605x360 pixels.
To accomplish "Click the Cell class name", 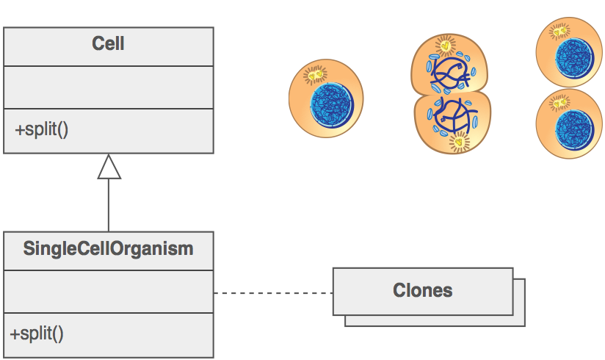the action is (x=108, y=43).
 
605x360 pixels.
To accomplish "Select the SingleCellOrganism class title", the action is (x=108, y=248).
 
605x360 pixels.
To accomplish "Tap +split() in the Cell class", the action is (x=42, y=129).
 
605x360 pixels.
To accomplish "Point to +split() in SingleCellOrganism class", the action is (x=37, y=334).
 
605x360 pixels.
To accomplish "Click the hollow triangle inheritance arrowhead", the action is (x=109, y=167).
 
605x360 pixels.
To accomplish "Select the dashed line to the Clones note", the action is (x=274, y=293).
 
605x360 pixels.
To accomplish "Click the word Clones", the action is (x=422, y=290).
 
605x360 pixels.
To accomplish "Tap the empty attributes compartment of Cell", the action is (x=109, y=87).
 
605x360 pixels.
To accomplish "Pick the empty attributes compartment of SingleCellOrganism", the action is (x=109, y=292).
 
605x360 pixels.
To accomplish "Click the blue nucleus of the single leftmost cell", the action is (x=332, y=105).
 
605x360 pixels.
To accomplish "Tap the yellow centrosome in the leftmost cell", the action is (x=315, y=74).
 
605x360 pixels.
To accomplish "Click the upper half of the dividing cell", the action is (x=449, y=64).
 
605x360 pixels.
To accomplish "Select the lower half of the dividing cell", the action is (x=452, y=123).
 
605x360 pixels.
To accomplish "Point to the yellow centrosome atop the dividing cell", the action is (x=445, y=46).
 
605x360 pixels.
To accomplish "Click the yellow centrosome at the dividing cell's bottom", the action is (x=459, y=142).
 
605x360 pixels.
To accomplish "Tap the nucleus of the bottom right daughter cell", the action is (x=574, y=130).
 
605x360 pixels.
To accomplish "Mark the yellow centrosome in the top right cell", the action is (x=559, y=32).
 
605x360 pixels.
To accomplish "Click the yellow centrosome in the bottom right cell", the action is (x=559, y=103).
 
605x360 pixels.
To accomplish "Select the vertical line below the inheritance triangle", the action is (x=109, y=206).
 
